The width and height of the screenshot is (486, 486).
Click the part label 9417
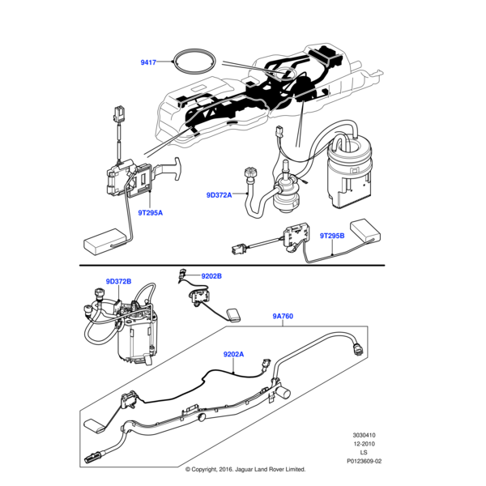pyautogui.click(x=149, y=61)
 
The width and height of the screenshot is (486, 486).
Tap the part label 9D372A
pyautogui.click(x=219, y=195)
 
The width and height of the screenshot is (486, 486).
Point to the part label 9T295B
pyautogui.click(x=331, y=236)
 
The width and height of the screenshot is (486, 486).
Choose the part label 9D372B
pyautogui.click(x=118, y=282)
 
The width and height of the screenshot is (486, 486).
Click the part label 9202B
pyautogui.click(x=211, y=276)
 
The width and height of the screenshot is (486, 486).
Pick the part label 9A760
pyautogui.click(x=282, y=317)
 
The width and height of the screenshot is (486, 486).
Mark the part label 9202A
pyautogui.click(x=233, y=354)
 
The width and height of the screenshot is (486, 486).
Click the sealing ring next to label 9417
pyautogui.click(x=196, y=63)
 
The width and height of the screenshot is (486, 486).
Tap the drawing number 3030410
pyautogui.click(x=364, y=435)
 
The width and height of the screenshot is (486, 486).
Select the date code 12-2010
pyautogui.click(x=364, y=444)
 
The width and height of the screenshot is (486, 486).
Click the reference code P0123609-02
pyautogui.click(x=364, y=461)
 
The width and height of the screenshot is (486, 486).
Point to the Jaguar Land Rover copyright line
pyautogui.click(x=245, y=469)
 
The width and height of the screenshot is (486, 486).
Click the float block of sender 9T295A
pyautogui.click(x=102, y=241)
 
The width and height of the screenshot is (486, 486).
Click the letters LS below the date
pyautogui.click(x=364, y=453)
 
